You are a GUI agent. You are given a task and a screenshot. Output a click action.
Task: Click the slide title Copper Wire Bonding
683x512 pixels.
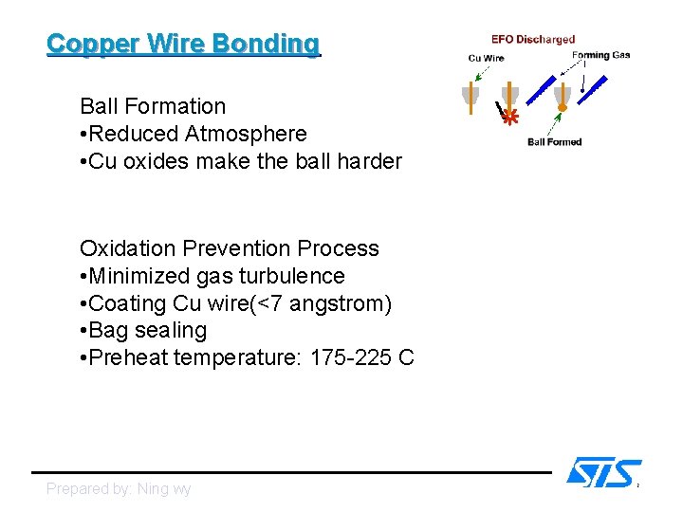(x=183, y=44)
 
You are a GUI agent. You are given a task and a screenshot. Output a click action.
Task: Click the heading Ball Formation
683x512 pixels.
(x=153, y=106)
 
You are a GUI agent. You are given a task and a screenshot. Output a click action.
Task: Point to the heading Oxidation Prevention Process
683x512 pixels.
(x=229, y=248)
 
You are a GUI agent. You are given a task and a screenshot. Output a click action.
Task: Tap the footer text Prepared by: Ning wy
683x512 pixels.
(x=119, y=489)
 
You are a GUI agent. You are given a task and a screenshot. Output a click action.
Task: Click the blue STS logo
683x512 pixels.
(x=603, y=472)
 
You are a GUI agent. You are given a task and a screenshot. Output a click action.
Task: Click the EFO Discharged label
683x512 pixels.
(x=532, y=40)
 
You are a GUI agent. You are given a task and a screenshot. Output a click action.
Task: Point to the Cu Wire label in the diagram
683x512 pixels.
(x=487, y=59)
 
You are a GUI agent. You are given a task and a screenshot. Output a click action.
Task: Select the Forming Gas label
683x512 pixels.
(x=600, y=55)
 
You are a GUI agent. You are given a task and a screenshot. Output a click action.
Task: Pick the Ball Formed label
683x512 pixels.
(x=554, y=142)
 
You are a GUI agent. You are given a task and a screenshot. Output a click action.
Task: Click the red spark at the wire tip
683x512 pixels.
(x=510, y=118)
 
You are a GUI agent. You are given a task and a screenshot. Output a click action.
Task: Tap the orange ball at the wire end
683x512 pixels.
(x=562, y=108)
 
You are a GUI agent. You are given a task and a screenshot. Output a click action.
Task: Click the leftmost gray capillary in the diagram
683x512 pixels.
(x=470, y=96)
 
